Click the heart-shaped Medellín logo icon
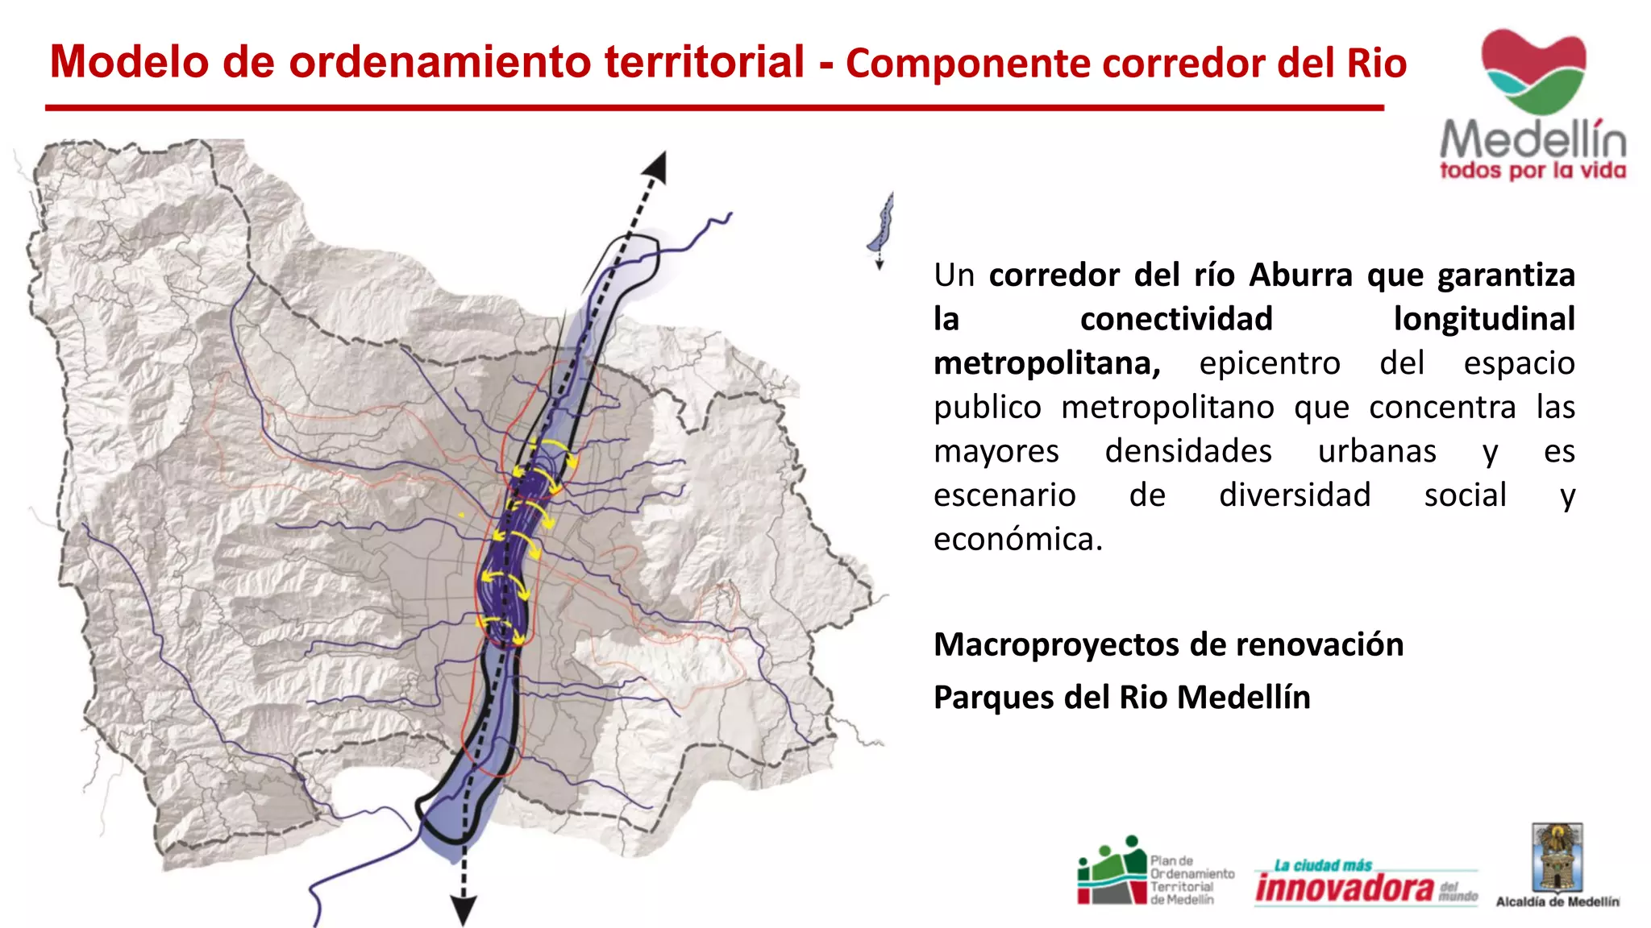tap(1533, 71)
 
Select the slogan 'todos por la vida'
tap(1532, 171)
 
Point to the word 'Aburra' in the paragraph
tap(1300, 275)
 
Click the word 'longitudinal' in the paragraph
tap(1483, 319)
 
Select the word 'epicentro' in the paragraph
tap(1270, 363)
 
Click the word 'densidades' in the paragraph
tap(1188, 451)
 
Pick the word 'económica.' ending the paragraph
tap(1017, 539)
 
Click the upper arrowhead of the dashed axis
tap(656, 167)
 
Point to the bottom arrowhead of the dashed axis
tap(464, 910)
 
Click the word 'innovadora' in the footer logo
tap(1344, 888)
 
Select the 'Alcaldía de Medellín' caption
tap(1557, 902)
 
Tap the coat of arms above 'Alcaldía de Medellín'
tap(1557, 857)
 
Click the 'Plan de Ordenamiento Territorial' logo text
tap(1191, 880)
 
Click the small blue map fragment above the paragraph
tap(882, 226)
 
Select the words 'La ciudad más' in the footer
tap(1322, 865)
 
